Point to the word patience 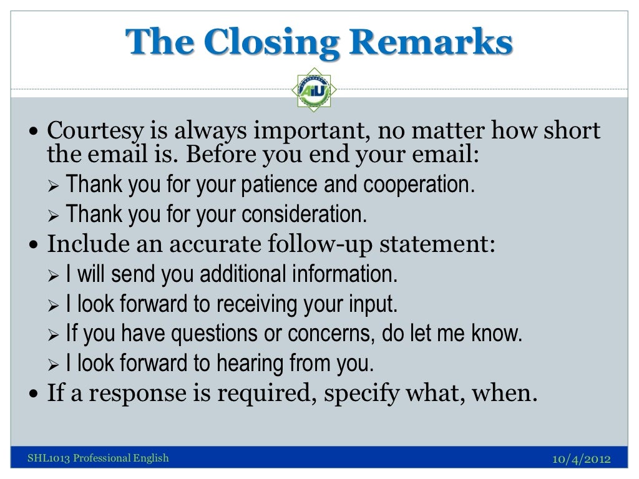click(286, 185)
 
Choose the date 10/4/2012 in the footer click(582, 460)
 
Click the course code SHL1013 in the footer click(47, 459)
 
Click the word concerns click(327, 334)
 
